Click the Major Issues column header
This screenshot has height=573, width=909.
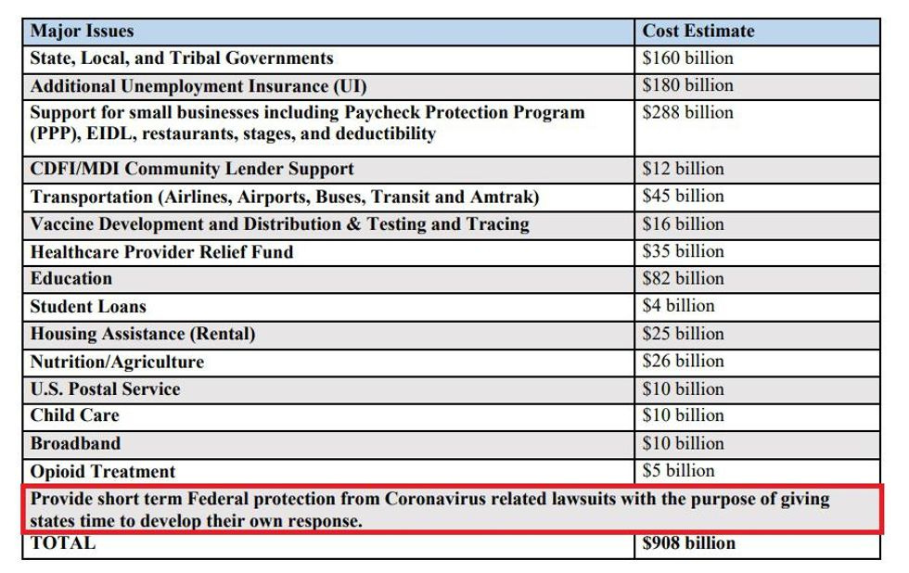pos(82,31)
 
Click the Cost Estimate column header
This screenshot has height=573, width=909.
pos(698,31)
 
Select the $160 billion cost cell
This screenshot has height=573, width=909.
pos(687,58)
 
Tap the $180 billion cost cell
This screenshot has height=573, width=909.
pos(687,85)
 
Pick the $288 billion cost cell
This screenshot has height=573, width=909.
pos(687,113)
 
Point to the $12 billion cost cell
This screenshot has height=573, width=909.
pos(683,169)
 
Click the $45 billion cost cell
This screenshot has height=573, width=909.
pos(683,197)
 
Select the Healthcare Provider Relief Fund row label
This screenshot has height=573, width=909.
pos(161,251)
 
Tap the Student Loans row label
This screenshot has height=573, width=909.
pos(88,306)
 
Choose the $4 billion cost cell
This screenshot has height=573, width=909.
pos(678,306)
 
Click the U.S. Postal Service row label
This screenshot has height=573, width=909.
pos(105,388)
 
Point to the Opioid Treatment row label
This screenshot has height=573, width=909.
pos(102,471)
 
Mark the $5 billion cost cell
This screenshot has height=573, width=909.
pos(678,470)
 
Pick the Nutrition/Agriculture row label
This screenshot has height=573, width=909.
pos(117,362)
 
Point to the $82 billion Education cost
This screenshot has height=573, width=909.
pos(683,278)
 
